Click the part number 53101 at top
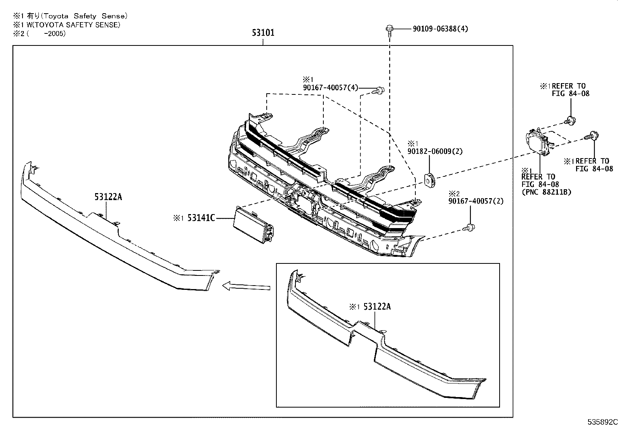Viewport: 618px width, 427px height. click(263, 33)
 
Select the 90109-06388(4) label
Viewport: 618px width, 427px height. click(440, 29)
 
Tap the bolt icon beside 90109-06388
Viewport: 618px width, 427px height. click(389, 29)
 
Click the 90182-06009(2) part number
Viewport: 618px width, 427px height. click(435, 152)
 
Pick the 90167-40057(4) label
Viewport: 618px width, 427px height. click(330, 88)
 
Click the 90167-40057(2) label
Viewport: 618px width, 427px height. click(476, 201)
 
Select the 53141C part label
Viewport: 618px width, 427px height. click(201, 218)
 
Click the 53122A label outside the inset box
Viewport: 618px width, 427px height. click(108, 197)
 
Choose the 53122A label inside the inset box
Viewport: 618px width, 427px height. click(377, 307)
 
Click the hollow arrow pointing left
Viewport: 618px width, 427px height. click(246, 286)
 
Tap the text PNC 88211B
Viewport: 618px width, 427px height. click(546, 192)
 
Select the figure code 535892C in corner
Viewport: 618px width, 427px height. click(602, 422)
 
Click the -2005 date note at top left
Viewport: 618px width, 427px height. click(54, 33)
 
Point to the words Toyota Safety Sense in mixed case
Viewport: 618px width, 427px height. click(84, 16)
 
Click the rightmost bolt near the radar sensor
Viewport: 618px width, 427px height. click(592, 136)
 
